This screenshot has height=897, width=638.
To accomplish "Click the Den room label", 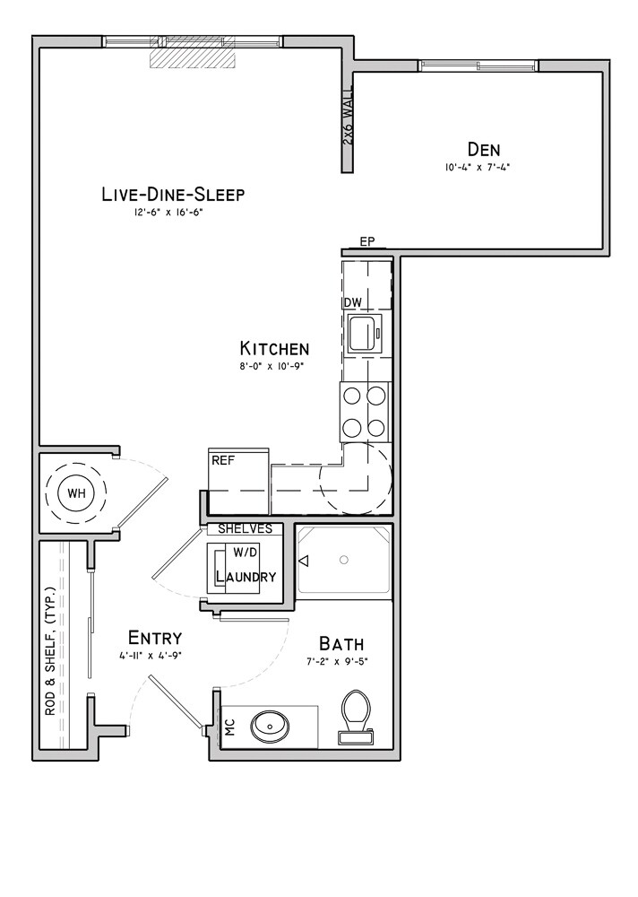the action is point(484,149).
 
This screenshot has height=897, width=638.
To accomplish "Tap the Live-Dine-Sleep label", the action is point(173,195).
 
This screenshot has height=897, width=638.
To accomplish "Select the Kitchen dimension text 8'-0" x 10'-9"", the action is point(271,366).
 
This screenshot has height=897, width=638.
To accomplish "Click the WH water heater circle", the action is point(76,492).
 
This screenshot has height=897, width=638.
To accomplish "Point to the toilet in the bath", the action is point(356,718).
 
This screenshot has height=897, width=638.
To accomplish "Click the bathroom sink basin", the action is point(269,726).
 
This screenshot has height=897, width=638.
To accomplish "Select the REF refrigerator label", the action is point(223,460).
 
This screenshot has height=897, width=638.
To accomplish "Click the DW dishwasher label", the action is point(353,302).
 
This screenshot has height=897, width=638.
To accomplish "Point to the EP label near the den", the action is point(367,242).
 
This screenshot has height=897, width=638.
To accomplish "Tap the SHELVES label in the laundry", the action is point(246,528).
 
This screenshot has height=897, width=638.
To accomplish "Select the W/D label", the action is point(244,553).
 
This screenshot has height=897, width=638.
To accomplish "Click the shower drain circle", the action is point(343,560).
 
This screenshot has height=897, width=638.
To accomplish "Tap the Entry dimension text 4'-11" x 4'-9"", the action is point(151,657).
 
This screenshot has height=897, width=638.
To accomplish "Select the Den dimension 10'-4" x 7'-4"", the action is point(477,168).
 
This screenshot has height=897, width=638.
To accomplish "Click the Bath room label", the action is point(341,644).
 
